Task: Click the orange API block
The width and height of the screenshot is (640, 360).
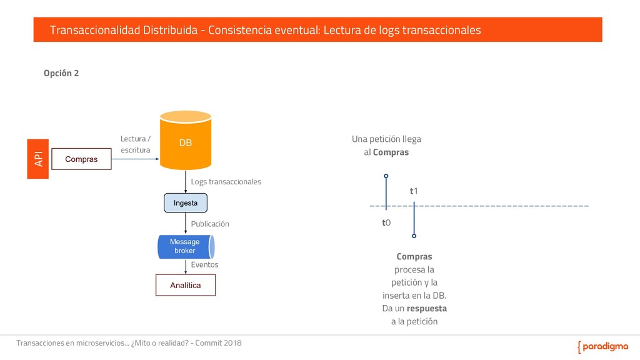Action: [x=37, y=159]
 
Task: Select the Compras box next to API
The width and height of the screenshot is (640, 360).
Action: [x=81, y=159]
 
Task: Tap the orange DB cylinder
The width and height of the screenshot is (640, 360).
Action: [x=186, y=141]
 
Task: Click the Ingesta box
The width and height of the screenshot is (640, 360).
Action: [x=186, y=203]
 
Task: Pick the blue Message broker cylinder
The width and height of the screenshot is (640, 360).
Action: [x=186, y=246]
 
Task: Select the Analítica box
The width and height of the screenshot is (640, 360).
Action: [x=186, y=285]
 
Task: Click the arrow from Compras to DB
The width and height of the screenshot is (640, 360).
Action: [x=135, y=159]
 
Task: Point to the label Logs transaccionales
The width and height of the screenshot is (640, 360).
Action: [x=226, y=181]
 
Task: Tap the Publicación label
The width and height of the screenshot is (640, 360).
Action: [x=210, y=224]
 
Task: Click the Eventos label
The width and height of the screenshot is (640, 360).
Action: [x=204, y=264]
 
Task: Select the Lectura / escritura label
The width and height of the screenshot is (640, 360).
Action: [x=136, y=144]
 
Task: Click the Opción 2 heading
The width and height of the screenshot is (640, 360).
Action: [x=61, y=73]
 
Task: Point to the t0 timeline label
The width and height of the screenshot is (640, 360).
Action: [x=386, y=222]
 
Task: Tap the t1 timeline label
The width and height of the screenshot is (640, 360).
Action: [x=414, y=191]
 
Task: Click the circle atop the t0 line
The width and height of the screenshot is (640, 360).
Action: [x=386, y=176]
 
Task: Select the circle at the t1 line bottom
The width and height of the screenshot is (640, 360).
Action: [x=414, y=236]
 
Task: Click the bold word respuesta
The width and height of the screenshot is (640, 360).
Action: [x=426, y=309]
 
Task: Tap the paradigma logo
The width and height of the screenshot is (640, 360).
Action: [x=602, y=347]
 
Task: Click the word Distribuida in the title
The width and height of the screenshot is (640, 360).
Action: [x=170, y=30]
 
